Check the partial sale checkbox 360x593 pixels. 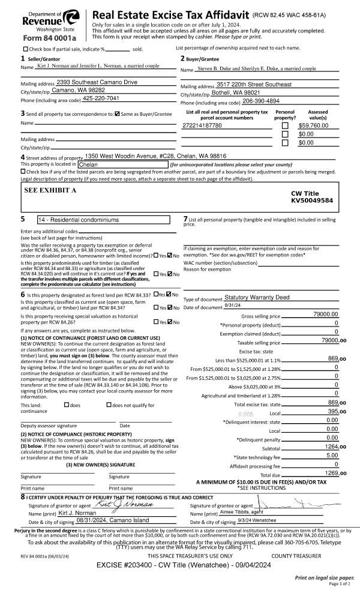(25, 49)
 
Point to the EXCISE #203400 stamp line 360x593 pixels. (180, 565)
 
